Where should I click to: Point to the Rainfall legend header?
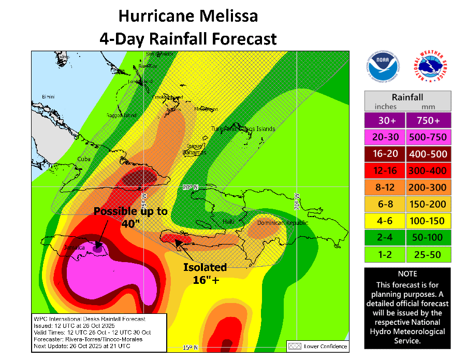407,97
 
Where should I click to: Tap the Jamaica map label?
74,248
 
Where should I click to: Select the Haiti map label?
228,222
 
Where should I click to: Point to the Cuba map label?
84,159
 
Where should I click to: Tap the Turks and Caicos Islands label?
243,128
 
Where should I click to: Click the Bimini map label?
48,97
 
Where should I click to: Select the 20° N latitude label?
190,187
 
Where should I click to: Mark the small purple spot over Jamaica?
97,248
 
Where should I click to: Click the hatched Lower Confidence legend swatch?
295,346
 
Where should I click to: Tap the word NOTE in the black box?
407,273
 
